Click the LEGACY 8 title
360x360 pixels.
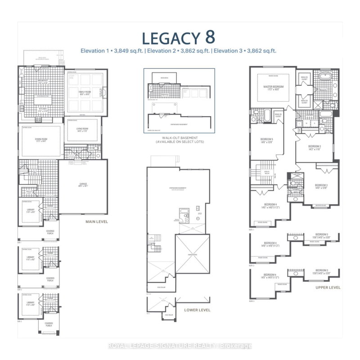[179, 37]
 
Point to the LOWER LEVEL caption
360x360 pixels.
[198, 310]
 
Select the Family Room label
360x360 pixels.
[85, 92]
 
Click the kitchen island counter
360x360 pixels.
[42, 96]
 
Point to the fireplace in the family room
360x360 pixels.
[103, 93]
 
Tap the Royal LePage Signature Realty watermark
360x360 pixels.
[180, 346]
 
